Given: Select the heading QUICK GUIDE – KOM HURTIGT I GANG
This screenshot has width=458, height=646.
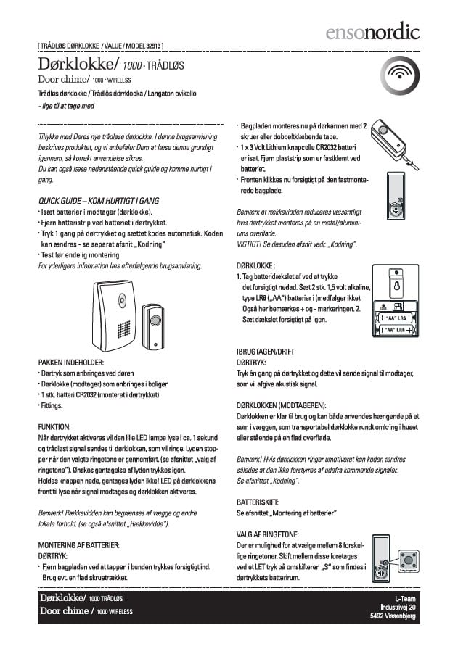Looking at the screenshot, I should tap(99, 200).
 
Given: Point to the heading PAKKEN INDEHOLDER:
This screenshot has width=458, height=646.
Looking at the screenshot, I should tap(71, 360).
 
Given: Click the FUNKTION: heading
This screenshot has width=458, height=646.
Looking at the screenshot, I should tap(54, 426).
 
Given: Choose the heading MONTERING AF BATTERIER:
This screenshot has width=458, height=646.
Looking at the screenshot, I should tap(78, 544).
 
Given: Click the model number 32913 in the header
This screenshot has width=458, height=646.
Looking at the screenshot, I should tap(154, 46).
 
